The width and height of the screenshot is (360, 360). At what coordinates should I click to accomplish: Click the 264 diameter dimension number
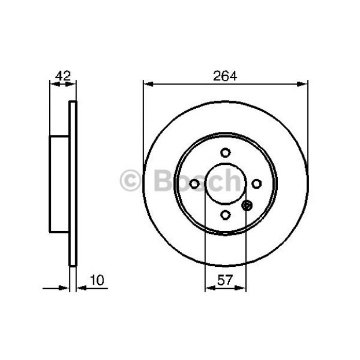[225, 76]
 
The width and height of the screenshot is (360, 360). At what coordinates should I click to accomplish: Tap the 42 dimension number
[63, 76]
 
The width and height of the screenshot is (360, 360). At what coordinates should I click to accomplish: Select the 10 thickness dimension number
[97, 280]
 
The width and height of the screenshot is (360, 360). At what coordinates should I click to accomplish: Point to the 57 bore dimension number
[225, 280]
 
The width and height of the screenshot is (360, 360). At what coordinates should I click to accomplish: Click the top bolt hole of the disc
[226, 152]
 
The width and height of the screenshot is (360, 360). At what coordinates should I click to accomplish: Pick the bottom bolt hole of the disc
[226, 215]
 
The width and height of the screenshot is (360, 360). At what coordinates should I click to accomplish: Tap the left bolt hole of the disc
[194, 183]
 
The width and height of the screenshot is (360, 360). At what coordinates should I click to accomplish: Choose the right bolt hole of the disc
[256, 183]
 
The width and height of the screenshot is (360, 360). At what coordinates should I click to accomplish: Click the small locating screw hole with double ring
[247, 205]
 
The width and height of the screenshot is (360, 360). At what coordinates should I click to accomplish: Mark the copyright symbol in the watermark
[130, 181]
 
